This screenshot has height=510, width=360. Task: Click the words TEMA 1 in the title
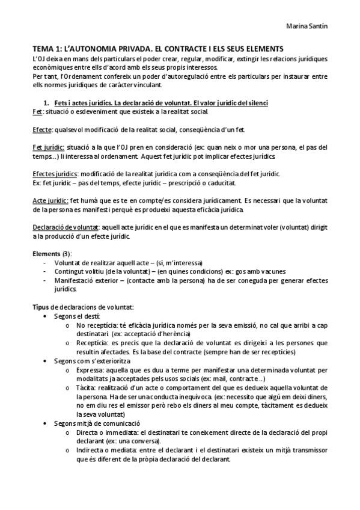(x=46, y=48)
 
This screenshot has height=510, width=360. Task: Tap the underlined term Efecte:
(x=42, y=130)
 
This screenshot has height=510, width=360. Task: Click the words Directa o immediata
(x=105, y=432)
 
